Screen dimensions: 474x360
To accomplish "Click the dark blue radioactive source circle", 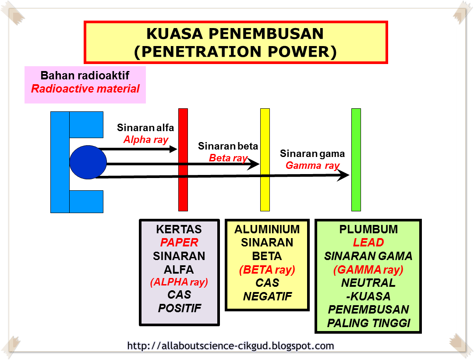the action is click(x=88, y=162).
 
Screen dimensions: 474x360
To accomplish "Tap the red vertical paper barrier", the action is click(x=183, y=160).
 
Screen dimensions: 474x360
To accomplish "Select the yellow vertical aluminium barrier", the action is click(x=265, y=160).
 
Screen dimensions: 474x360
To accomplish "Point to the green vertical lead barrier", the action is click(x=356, y=160).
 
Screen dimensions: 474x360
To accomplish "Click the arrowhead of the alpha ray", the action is click(x=173, y=149).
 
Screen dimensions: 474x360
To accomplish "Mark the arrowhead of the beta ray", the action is click(x=254, y=164).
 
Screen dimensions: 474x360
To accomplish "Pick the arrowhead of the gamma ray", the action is click(x=343, y=175).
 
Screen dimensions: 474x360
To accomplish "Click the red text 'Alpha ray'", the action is click(x=146, y=140).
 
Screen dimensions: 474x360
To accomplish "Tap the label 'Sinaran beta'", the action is click(x=228, y=146).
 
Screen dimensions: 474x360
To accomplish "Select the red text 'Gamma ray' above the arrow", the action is click(x=313, y=166).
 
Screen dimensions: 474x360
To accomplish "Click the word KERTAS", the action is click(x=179, y=229).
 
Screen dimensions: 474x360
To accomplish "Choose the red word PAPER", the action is click(x=179, y=242).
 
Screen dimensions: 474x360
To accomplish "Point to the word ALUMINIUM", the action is click(x=267, y=229).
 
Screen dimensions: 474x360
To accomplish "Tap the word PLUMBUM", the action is click(x=368, y=229).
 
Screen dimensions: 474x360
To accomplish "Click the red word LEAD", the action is click(x=368, y=242).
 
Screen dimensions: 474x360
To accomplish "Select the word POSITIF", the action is click(x=180, y=308).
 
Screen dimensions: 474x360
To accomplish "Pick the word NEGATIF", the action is click(x=268, y=296).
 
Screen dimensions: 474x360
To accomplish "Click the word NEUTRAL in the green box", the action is click(x=368, y=283).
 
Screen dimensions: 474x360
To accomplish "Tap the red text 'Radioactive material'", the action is click(x=85, y=89).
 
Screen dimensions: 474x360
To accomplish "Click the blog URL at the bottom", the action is click(x=231, y=346).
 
